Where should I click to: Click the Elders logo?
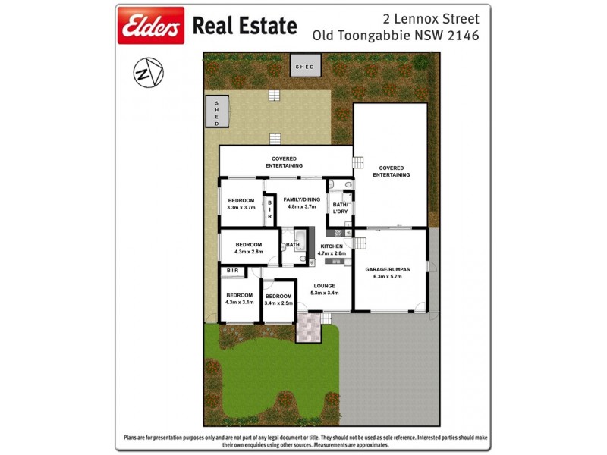pyautogui.click(x=150, y=27)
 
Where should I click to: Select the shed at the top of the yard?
pyautogui.click(x=304, y=67)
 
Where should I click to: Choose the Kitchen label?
pyautogui.click(x=332, y=246)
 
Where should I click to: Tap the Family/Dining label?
pyautogui.click(x=300, y=199)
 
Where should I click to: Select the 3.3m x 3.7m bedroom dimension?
pyautogui.click(x=241, y=208)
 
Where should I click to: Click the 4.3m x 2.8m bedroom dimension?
pyautogui.click(x=248, y=252)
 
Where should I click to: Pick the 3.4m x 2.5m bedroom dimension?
pyautogui.click(x=278, y=303)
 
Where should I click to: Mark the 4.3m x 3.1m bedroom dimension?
pyautogui.click(x=239, y=302)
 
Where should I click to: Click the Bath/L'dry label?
pyautogui.click(x=339, y=208)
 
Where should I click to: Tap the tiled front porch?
pyautogui.click(x=309, y=327)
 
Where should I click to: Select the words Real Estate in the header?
pyautogui.click(x=244, y=27)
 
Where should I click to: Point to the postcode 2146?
pyautogui.click(x=462, y=35)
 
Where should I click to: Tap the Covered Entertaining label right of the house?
pyautogui.click(x=391, y=171)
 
